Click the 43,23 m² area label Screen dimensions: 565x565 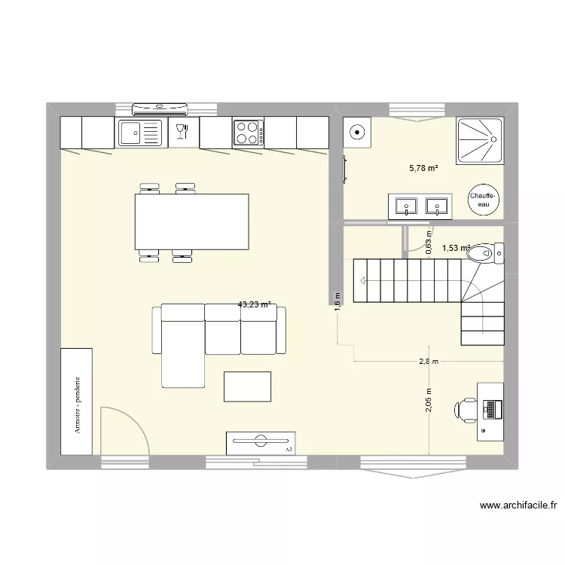(254, 305)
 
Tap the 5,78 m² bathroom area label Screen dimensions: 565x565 (424, 168)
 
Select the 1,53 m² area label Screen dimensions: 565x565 (456, 248)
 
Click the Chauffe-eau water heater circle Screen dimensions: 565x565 (482, 199)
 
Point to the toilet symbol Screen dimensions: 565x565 (493, 255)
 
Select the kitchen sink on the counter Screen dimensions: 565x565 (139, 133)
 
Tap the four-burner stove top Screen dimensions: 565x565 (249, 133)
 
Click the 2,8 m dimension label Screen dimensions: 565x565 (429, 362)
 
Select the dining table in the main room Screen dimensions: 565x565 (192, 221)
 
